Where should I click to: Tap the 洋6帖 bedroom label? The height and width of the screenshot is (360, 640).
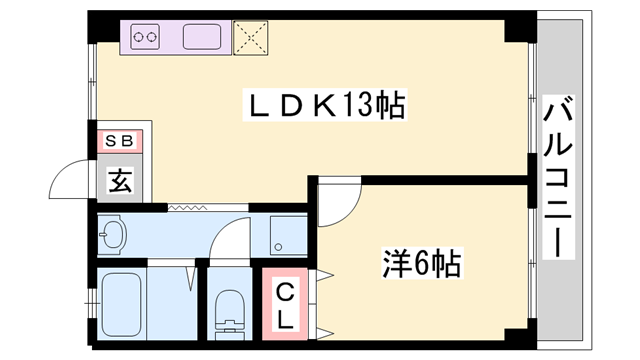[x=420, y=265]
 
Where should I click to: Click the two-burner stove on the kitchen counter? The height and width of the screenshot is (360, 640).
[x=146, y=37]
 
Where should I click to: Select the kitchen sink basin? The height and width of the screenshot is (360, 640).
[x=207, y=37]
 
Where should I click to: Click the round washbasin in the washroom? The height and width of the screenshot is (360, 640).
[x=112, y=237]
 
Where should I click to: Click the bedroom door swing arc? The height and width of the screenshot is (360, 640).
[x=336, y=200]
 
